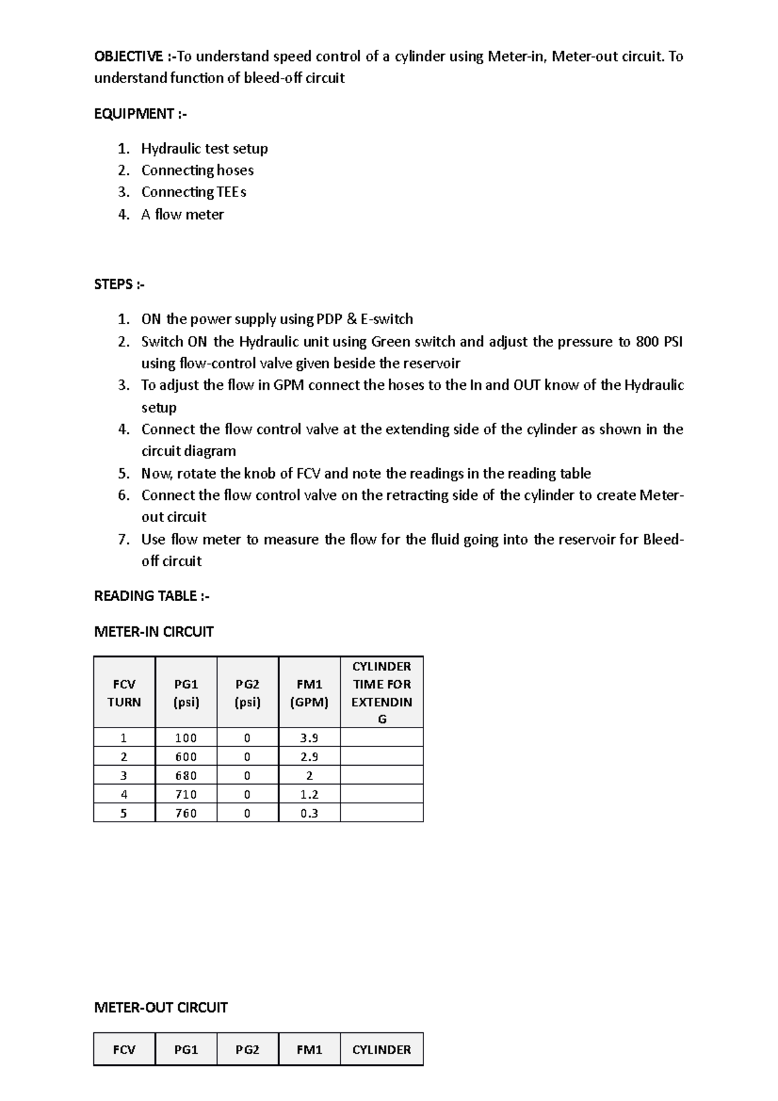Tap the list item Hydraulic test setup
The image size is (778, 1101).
(204, 148)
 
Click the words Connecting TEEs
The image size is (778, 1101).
(194, 192)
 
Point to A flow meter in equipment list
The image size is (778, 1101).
(182, 215)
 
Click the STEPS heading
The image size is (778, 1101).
(119, 285)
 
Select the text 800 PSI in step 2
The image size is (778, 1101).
(659, 342)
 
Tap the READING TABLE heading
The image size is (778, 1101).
(152, 596)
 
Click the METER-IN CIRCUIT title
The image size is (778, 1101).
(154, 632)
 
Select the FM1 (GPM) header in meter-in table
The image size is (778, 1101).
(309, 693)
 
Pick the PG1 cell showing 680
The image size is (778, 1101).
(186, 775)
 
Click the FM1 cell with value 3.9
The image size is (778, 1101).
(309, 738)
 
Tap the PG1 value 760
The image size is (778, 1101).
(186, 813)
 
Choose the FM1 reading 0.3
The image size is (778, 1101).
(309, 813)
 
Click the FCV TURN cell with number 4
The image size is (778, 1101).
(124, 794)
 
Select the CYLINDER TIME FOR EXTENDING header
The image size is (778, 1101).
(381, 693)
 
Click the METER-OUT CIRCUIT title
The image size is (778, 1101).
(161, 1008)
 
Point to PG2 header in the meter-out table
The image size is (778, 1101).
(247, 1049)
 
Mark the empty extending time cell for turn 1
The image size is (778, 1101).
(381, 738)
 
